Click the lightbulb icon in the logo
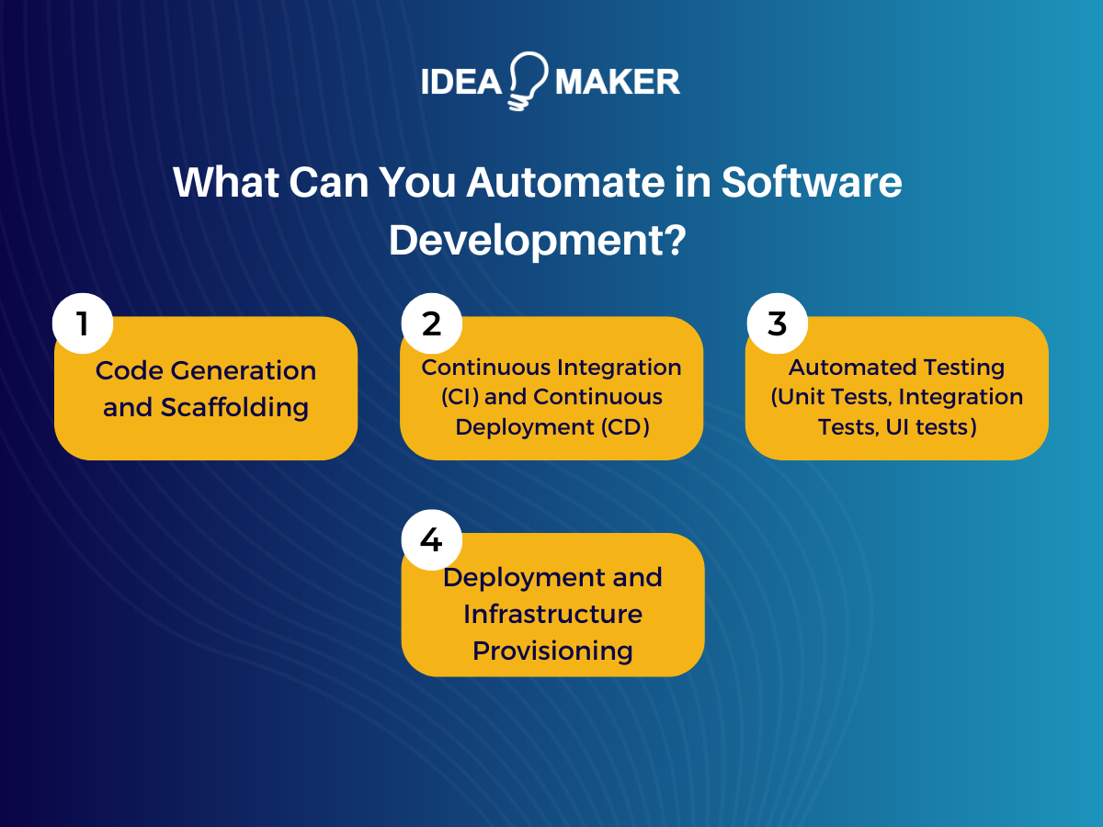[528, 81]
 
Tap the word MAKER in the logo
[617, 82]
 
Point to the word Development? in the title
[538, 239]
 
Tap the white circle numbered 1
[83, 323]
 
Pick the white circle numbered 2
[431, 323]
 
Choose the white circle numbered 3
[777, 323]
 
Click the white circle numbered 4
[431, 539]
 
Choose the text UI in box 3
[901, 426]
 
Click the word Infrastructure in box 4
[552, 613]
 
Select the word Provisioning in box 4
[552, 651]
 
